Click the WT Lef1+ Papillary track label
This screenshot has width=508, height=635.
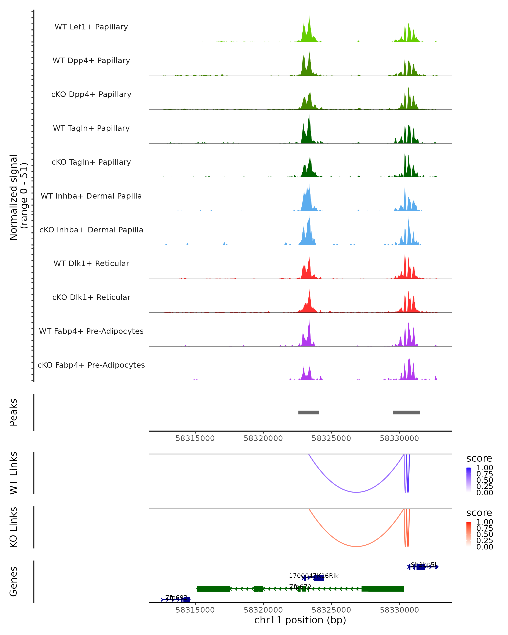(91, 27)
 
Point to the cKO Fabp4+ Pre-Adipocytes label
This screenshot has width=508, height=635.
(91, 365)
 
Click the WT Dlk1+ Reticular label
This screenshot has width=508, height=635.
(91, 263)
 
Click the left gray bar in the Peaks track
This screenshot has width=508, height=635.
(308, 412)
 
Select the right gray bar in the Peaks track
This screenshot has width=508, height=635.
(406, 412)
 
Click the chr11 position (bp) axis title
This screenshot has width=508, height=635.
(300, 620)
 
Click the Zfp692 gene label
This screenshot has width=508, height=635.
(176, 597)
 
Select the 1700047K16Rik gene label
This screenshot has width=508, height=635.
(314, 576)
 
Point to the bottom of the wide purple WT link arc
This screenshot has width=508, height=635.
(356, 492)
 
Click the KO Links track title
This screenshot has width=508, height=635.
(14, 527)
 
